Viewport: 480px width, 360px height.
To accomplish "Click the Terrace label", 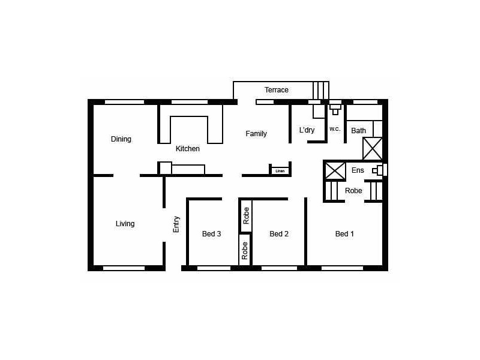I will point(277,90).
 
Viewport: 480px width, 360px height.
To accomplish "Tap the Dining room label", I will point(121,139).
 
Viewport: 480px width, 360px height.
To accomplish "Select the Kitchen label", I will point(187,149).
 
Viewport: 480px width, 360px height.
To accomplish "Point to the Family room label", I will point(256,134).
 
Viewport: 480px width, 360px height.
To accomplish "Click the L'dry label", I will point(307,130).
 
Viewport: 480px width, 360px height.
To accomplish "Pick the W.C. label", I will point(335,129).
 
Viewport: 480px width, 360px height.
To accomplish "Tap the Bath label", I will point(358,131).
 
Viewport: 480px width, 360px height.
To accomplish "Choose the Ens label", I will point(358,170).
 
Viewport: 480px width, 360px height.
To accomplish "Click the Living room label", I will point(125,224).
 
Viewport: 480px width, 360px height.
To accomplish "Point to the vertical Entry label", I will point(176,224).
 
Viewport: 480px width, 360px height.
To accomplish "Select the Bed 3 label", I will point(211,234).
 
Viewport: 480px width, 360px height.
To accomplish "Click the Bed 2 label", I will point(279,234).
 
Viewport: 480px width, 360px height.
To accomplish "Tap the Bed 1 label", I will point(344,234).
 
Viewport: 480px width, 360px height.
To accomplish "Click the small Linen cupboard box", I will point(280,171).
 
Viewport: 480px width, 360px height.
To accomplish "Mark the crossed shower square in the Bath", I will point(373,148).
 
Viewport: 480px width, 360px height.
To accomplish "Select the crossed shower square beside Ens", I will point(335,170).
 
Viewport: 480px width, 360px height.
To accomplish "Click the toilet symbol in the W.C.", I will point(335,109).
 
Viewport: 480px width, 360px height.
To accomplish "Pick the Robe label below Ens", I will point(353,191).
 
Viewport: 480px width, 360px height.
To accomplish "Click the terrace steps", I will point(321,90).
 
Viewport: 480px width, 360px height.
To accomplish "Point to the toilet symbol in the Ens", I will point(378,170).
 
